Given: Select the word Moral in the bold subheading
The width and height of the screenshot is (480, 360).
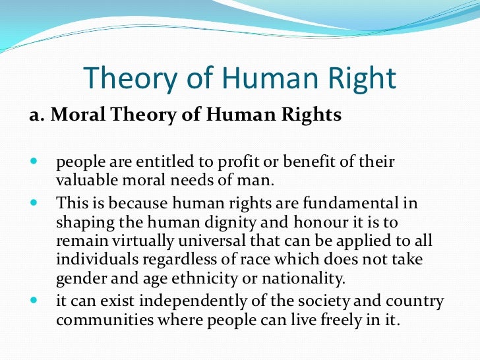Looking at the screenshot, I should [76, 115].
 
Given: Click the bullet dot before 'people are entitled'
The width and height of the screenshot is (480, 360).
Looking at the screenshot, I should [34, 162].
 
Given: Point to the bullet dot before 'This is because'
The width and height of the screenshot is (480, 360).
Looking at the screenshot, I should [34, 204].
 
